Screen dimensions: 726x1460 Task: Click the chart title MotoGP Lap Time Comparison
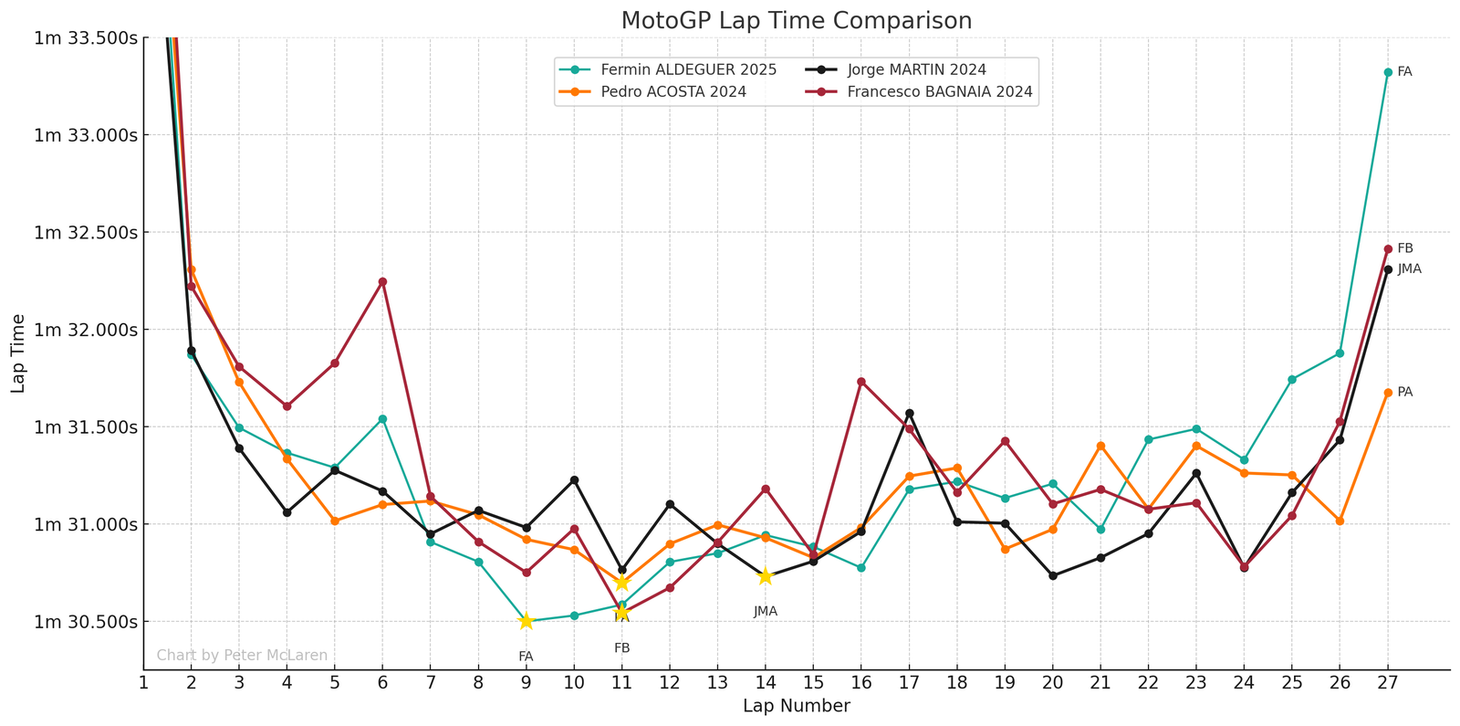click(796, 20)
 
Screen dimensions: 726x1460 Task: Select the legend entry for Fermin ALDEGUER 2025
click(689, 69)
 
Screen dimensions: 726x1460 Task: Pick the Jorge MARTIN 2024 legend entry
click(916, 69)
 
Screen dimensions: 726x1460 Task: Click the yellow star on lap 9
click(526, 621)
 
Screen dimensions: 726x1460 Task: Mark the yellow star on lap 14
click(765, 576)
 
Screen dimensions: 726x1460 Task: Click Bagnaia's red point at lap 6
click(382, 281)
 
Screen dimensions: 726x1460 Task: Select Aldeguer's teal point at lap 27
click(1387, 72)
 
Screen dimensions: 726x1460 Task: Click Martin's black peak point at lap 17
click(909, 413)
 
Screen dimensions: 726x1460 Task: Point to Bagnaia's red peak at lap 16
click(860, 382)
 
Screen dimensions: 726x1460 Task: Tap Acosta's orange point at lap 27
click(1387, 393)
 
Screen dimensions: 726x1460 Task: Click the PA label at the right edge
click(1405, 392)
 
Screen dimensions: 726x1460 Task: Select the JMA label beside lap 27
click(1409, 268)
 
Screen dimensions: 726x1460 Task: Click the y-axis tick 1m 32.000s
click(86, 330)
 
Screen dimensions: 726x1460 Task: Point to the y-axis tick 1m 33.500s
click(86, 37)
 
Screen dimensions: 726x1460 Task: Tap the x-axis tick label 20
click(1052, 683)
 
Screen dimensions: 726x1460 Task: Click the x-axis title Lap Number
click(796, 706)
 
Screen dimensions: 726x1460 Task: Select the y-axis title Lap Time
click(18, 353)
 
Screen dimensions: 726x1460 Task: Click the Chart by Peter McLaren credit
click(242, 655)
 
